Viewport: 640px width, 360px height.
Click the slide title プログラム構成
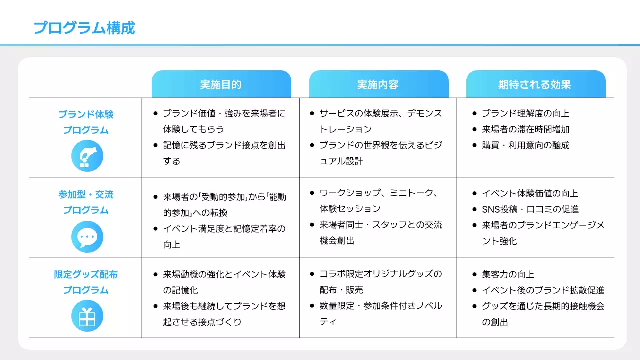84,28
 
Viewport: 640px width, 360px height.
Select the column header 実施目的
221,84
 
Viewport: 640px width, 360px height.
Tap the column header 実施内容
378,84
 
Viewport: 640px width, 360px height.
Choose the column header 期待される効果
535,84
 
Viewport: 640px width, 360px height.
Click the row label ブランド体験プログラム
86,122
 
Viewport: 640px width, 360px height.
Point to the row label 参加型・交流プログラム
86,202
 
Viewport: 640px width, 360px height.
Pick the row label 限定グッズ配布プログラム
86,282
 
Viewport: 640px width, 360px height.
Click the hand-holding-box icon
87,156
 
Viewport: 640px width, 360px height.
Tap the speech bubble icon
87,237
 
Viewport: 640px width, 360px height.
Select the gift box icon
87,316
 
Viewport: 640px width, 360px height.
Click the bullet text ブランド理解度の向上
525,113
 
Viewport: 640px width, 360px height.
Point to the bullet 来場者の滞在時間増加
525,129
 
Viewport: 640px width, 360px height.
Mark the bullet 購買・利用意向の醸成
525,145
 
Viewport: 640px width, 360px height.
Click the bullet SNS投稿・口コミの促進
530,209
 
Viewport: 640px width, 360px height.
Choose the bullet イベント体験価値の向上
530,193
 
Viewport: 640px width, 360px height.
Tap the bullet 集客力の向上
508,274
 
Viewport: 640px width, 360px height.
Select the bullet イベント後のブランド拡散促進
543,290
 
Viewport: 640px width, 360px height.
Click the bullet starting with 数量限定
381,306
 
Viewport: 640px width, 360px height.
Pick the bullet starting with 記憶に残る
224,145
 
